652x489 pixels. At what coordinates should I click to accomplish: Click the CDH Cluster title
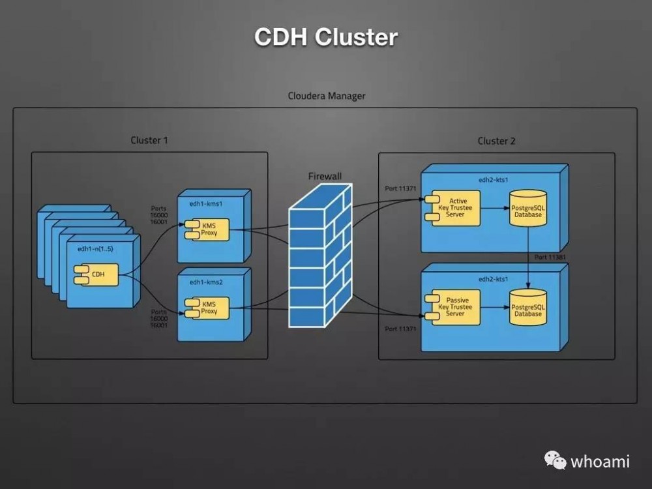(325, 37)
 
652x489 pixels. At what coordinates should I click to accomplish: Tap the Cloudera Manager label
(327, 96)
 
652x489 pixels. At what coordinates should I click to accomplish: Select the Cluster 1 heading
(149, 140)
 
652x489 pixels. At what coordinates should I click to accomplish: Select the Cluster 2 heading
(497, 141)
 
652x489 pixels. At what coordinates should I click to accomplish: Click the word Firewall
(325, 176)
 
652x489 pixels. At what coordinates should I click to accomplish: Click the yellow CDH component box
(98, 274)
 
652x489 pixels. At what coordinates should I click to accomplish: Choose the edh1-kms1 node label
(205, 203)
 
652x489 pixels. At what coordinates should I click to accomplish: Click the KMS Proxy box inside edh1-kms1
(208, 230)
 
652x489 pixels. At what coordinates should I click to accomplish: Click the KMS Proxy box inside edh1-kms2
(208, 308)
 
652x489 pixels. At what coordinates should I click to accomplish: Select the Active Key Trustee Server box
(454, 209)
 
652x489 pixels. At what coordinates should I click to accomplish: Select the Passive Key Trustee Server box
(454, 306)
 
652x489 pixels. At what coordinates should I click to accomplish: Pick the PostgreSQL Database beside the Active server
(527, 209)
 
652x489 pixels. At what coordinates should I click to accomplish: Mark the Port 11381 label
(550, 258)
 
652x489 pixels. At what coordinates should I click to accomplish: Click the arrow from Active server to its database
(495, 209)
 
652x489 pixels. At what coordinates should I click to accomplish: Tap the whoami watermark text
(600, 462)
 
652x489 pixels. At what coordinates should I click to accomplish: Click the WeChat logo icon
(556, 461)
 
